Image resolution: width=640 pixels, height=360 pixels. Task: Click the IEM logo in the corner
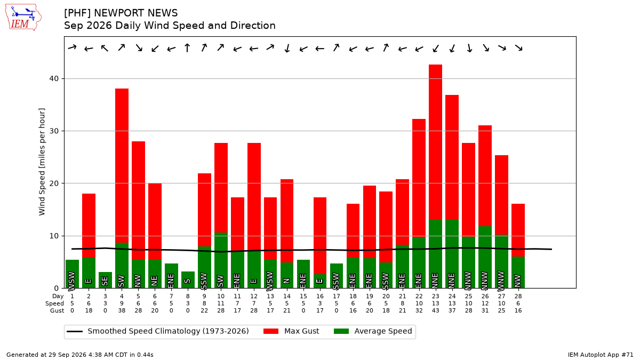[x=23, y=17]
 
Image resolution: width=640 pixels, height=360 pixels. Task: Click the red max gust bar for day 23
[x=435, y=142]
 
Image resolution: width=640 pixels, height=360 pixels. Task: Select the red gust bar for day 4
[x=122, y=166]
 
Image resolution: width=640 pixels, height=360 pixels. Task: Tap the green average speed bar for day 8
[x=188, y=279]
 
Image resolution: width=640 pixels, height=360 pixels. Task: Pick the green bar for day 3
[x=105, y=280]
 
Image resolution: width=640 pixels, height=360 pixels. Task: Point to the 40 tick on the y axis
[x=54, y=78]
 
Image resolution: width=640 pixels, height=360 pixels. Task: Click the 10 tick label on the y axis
[x=54, y=236]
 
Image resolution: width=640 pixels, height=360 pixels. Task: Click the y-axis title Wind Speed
[x=42, y=162]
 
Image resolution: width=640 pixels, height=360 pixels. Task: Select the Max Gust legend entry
[x=291, y=331]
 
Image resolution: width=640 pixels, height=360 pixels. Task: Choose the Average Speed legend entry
[x=373, y=331]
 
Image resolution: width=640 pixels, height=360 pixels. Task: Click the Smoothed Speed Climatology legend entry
[x=158, y=331]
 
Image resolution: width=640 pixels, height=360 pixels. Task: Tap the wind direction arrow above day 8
[x=187, y=47]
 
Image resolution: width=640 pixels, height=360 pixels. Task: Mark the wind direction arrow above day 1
[x=73, y=47]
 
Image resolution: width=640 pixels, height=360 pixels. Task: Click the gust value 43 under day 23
[x=435, y=310]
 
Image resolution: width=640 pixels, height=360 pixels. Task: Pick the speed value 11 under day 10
[x=221, y=303]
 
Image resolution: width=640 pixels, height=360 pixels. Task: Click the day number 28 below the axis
[x=518, y=297]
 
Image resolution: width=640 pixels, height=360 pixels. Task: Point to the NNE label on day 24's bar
[x=452, y=281]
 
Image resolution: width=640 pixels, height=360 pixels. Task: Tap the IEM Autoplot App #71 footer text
[x=601, y=355]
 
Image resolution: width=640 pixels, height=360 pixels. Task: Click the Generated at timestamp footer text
[x=79, y=355]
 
